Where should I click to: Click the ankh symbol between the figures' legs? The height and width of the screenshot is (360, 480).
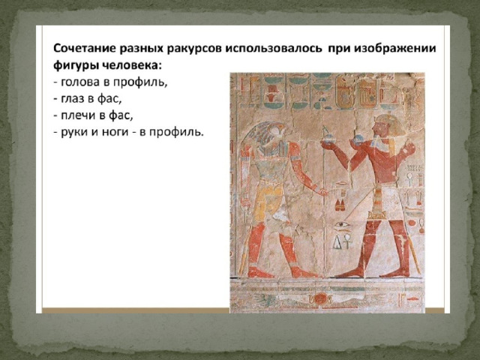pyautogui.click(x=348, y=241)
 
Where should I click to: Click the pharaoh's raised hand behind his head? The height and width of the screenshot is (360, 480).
pyautogui.click(x=408, y=148)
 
